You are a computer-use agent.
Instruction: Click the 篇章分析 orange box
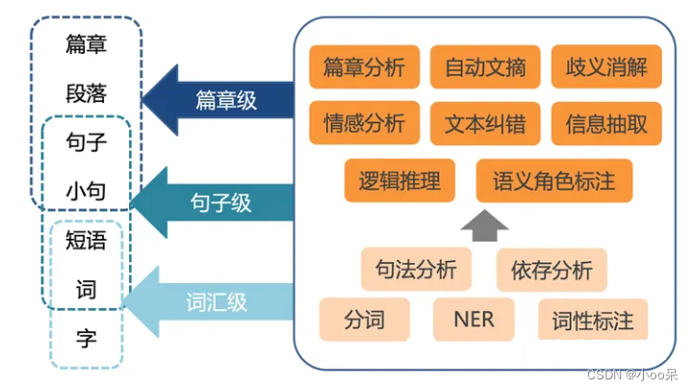point(364,68)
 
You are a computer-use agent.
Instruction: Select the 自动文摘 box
point(485,68)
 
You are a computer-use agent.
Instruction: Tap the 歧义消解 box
point(606,68)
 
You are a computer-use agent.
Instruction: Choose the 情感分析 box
point(364,123)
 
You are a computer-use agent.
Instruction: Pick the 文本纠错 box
point(485,123)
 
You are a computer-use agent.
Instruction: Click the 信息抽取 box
point(606,123)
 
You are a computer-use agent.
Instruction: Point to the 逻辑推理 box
point(398,180)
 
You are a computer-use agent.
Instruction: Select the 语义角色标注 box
point(553,180)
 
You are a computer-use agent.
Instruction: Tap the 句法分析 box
point(416,269)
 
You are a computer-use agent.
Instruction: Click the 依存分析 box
point(552,269)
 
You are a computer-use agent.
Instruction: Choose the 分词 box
point(363,319)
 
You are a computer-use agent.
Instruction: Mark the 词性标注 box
point(593,320)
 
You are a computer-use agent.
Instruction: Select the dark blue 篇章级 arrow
point(220,99)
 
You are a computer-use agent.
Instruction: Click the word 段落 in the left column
point(86,94)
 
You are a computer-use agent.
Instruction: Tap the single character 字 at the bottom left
point(87,339)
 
